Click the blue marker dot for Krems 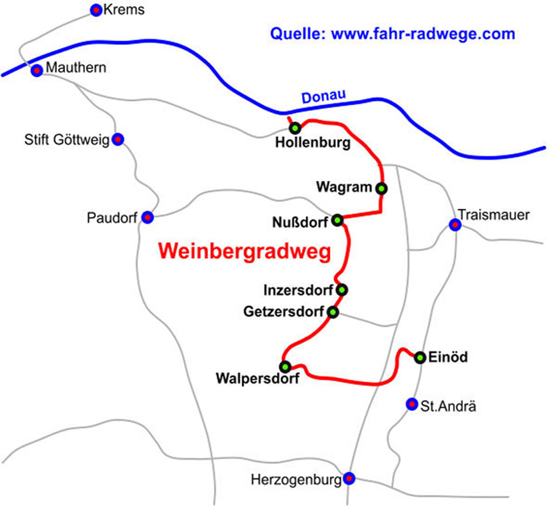96,9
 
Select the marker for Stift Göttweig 118,139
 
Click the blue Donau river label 324,97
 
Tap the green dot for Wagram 381,188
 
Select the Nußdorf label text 300,222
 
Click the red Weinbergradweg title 245,251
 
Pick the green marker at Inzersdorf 342,289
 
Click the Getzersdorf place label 283,312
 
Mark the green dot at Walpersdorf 284,366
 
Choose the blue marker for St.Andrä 411,404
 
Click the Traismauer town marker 455,225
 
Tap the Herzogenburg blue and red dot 350,478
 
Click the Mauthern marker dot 37,71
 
